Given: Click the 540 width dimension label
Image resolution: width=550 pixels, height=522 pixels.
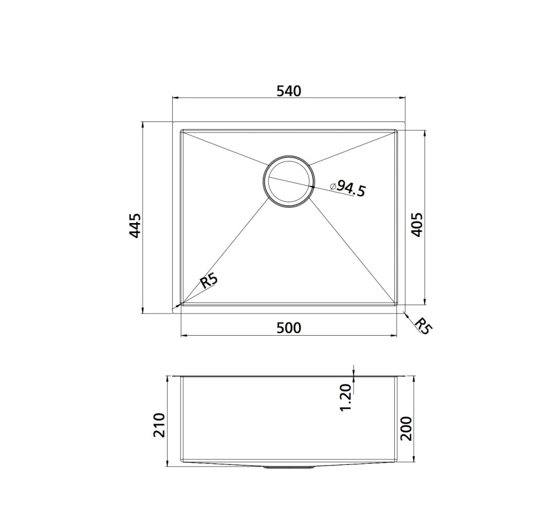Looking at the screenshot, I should (289, 91).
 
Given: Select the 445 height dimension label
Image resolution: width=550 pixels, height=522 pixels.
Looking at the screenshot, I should (135, 225).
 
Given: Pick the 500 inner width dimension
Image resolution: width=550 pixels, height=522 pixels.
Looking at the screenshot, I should (289, 328).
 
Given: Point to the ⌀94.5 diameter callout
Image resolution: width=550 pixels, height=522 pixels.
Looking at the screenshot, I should (348, 188).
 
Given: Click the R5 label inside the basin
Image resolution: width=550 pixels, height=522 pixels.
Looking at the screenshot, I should (209, 281).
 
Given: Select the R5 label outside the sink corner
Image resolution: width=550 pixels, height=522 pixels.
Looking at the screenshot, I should (423, 325).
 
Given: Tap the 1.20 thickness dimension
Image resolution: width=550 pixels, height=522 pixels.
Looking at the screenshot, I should (345, 397).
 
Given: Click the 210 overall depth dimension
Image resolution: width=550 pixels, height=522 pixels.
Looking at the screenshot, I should (159, 424).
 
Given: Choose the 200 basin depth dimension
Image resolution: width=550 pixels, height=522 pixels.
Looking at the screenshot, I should (406, 428).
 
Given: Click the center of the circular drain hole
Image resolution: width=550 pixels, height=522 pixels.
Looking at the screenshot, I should (289, 181).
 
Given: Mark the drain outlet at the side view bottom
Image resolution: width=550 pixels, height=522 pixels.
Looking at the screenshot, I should (289, 467).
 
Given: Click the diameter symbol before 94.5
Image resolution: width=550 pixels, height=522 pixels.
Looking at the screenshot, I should (333, 186).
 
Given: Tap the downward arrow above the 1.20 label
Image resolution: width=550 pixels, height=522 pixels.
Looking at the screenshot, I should (354, 373).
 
